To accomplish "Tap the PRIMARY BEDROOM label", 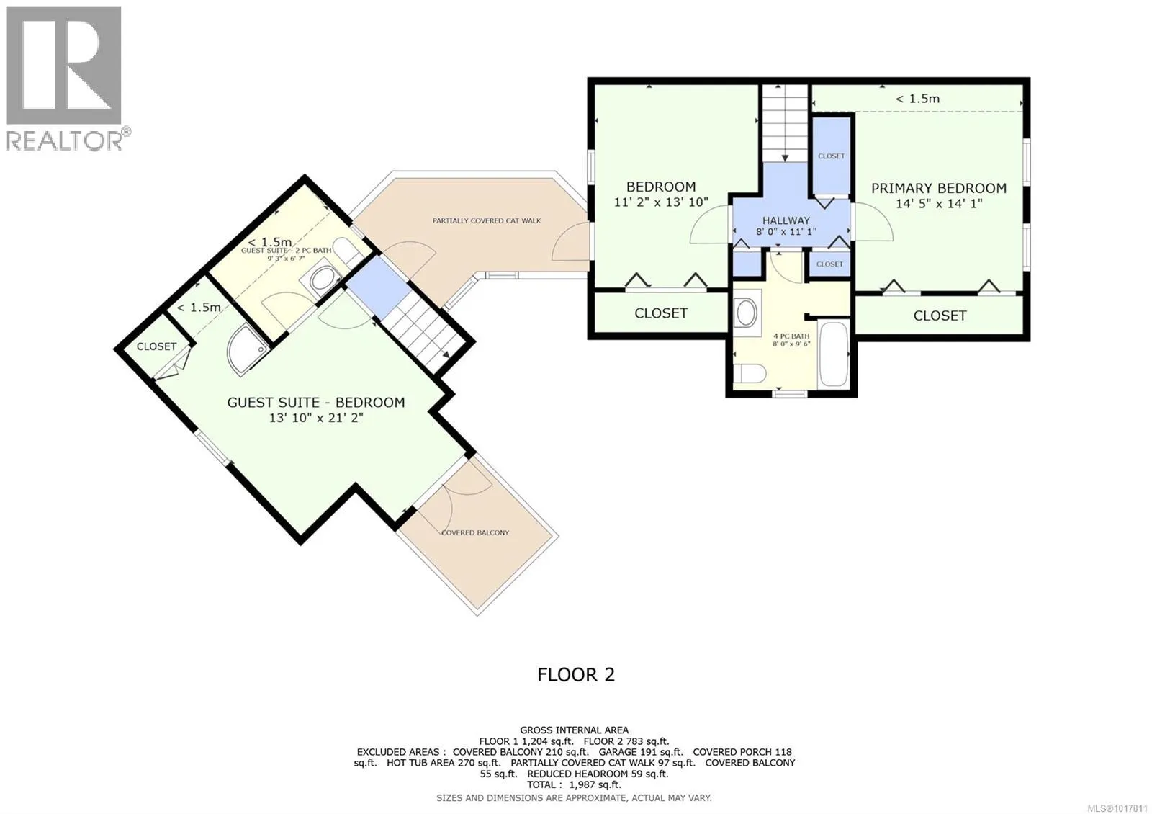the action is [x=939, y=188].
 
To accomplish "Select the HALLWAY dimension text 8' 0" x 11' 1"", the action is [x=786, y=231].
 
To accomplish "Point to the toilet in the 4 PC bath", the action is [x=749, y=373].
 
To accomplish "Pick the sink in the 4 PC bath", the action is [x=746, y=312].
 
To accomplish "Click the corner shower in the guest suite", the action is [x=247, y=349].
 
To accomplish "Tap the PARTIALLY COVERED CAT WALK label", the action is [x=487, y=220].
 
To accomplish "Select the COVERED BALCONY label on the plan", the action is [x=475, y=532].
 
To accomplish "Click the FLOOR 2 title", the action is [x=576, y=674].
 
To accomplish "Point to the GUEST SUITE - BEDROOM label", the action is [x=316, y=403].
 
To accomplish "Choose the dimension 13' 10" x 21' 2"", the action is [x=316, y=418].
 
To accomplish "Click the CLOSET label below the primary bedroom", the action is [x=940, y=316].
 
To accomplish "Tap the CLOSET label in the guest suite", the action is [x=156, y=346].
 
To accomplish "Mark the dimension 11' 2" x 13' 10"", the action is [x=661, y=202].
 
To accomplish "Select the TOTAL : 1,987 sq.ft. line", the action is [x=574, y=784].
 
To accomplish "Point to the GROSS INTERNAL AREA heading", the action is [x=574, y=730].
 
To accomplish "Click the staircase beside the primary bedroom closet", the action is [x=785, y=123].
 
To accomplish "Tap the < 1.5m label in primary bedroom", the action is [x=917, y=98].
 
